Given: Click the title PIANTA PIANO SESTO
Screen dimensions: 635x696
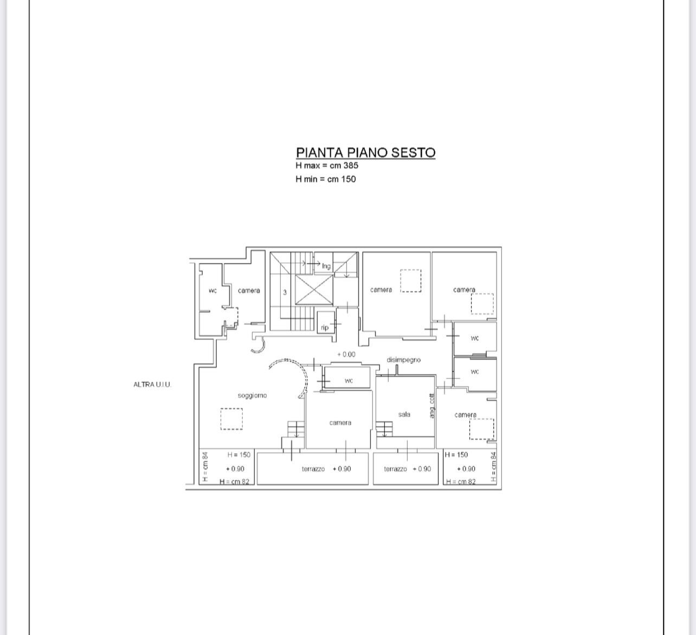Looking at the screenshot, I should [x=365, y=152].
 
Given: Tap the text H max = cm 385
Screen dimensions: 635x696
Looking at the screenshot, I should [x=327, y=165].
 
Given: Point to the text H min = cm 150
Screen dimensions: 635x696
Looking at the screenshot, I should [x=326, y=179].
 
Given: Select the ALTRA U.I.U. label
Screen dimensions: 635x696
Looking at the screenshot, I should [x=152, y=384].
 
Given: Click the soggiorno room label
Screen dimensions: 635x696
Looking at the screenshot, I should [x=252, y=395].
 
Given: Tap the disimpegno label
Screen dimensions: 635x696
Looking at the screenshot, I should [x=404, y=360].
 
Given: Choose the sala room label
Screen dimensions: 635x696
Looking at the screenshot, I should [x=404, y=414].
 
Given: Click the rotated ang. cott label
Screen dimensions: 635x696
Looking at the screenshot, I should [x=432, y=405].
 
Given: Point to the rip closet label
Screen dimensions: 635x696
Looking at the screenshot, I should [x=325, y=328].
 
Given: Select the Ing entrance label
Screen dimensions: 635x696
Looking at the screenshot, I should [x=326, y=266].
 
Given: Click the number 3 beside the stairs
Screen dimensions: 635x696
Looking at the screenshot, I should [x=285, y=292].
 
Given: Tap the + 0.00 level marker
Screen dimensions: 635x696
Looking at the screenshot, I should [x=346, y=355].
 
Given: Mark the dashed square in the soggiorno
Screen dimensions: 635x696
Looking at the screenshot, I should [x=231, y=419].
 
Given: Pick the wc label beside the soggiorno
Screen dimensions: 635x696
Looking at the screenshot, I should [x=349, y=381].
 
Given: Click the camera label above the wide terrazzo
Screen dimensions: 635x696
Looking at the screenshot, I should [x=340, y=423].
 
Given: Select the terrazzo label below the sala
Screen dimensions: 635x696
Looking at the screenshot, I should [x=395, y=469].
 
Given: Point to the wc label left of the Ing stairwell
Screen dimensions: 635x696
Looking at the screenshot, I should [x=213, y=291].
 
